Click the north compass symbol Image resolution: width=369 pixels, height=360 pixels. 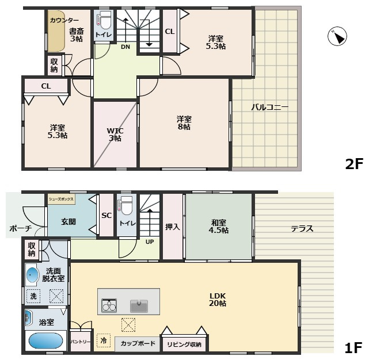(337, 36)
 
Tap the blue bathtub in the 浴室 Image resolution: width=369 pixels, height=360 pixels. (46, 341)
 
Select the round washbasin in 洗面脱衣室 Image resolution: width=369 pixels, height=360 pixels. (33, 275)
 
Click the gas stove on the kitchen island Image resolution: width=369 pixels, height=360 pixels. (109, 305)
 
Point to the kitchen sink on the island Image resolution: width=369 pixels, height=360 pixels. (139, 306)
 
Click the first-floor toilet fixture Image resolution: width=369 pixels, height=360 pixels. (126, 205)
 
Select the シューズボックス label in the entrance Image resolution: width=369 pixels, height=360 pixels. (61, 199)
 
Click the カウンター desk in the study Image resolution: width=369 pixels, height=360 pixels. (56, 30)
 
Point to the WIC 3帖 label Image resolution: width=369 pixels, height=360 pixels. (115, 134)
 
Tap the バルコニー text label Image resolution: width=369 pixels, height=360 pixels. (269, 108)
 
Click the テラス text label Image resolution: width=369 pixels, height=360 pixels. (302, 228)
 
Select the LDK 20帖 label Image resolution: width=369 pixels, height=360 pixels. (218, 300)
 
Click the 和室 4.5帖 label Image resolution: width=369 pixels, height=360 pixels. (219, 226)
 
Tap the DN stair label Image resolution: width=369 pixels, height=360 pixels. (125, 47)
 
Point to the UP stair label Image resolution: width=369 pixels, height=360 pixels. (150, 242)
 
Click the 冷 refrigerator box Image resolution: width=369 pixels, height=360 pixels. (104, 340)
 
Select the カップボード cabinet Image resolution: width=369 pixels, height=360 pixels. (138, 343)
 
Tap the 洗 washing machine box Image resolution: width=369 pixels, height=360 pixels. (33, 296)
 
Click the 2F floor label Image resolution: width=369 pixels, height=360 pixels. (354, 164)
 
